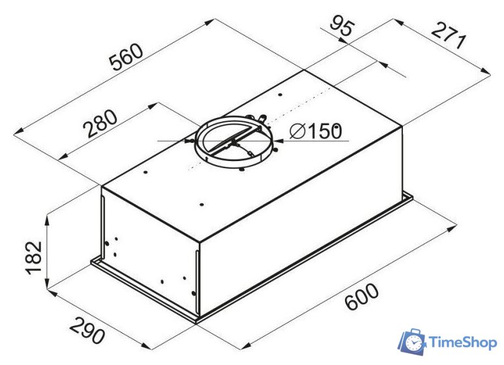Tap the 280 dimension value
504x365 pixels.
(x=100, y=124)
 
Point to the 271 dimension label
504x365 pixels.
(x=449, y=36)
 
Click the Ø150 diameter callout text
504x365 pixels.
(x=316, y=131)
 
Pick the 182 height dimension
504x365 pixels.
(x=34, y=257)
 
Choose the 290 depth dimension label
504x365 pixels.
(x=87, y=330)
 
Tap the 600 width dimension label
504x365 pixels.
(x=361, y=297)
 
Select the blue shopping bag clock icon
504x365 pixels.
(x=412, y=342)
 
